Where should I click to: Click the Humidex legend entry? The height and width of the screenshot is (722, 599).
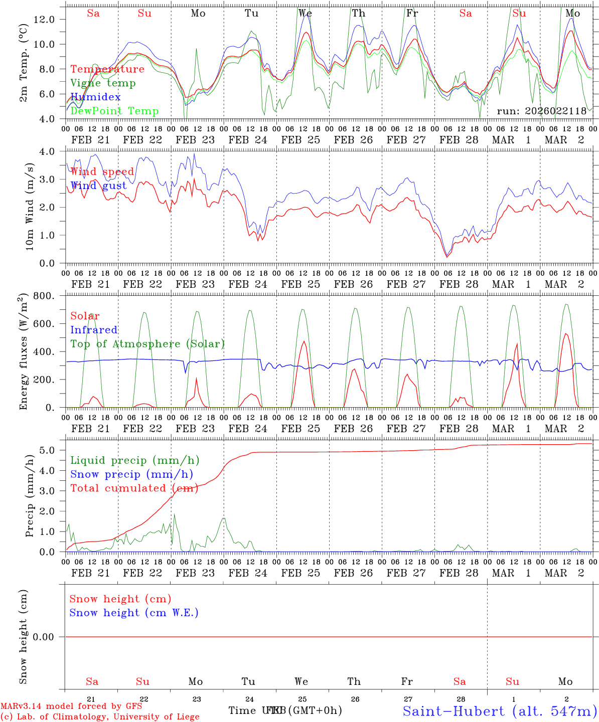[x=95, y=97]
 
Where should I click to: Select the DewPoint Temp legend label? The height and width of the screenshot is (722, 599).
[x=114, y=111]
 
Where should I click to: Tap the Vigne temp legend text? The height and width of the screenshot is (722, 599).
[x=103, y=83]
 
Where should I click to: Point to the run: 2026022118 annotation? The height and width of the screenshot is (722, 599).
[x=541, y=111]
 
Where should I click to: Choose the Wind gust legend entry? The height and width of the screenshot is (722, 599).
[x=98, y=186]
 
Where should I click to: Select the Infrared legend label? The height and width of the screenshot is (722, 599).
[x=94, y=330]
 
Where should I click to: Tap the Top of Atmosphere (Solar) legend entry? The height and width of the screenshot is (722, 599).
[x=147, y=344]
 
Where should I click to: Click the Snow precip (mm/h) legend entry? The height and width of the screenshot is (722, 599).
[x=131, y=474]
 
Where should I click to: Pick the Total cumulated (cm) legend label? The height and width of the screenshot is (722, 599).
[x=134, y=488]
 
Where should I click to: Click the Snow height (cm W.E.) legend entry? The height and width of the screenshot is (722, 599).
[x=134, y=613]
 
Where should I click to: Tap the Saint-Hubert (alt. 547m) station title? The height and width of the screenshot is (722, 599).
[x=500, y=711]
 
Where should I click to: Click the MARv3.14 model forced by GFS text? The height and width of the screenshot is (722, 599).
[x=71, y=706]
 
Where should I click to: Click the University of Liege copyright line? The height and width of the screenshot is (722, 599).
[x=100, y=717]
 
